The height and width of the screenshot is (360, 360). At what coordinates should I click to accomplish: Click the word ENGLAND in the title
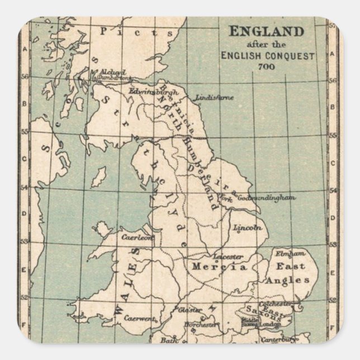tap(266, 31)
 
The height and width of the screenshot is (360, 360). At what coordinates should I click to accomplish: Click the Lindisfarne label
tap(215, 97)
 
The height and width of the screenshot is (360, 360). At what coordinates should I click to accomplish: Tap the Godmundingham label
tap(266, 198)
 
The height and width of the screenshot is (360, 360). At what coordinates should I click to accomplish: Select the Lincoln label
tap(248, 228)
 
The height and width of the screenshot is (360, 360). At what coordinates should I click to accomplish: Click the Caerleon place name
tap(137, 237)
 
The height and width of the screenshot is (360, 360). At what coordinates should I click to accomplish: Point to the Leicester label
tap(228, 257)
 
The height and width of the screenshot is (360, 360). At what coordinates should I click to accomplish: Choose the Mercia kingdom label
tap(219, 267)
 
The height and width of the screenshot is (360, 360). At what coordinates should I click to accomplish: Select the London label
tap(271, 324)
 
